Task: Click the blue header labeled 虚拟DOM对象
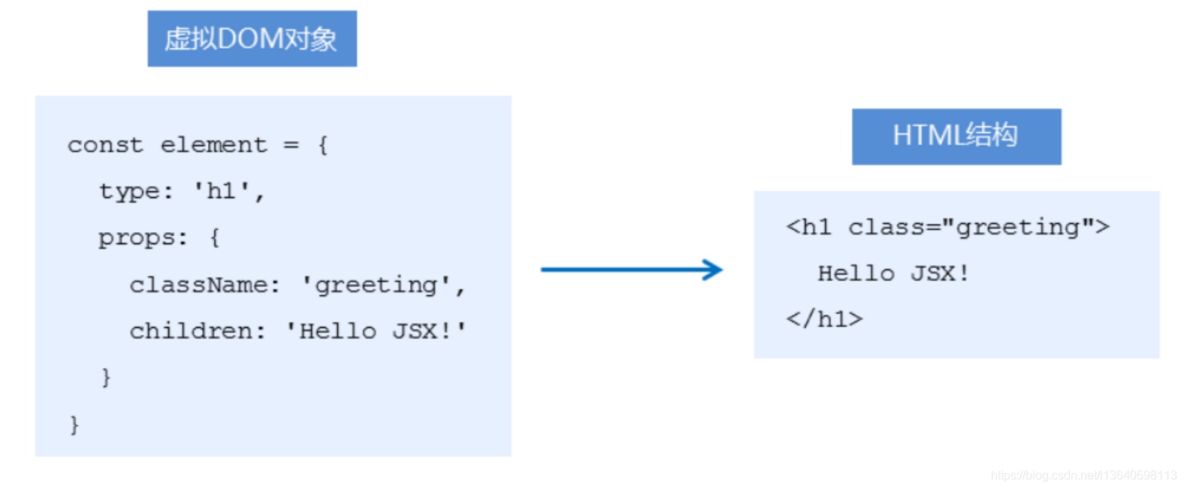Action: (252, 39)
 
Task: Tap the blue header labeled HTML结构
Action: (956, 136)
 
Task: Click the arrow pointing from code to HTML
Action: (631, 270)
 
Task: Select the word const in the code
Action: (105, 145)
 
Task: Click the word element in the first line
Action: (213, 145)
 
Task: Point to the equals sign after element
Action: (291, 145)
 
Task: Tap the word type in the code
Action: (129, 192)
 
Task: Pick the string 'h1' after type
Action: (222, 192)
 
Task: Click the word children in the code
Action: (191, 331)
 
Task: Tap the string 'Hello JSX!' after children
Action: (376, 331)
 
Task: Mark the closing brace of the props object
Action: (106, 377)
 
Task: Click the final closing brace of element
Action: (74, 424)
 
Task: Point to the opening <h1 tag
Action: (809, 227)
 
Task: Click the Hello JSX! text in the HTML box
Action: (893, 273)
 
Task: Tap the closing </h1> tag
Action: (824, 319)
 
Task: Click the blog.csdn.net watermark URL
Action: (1083, 475)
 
